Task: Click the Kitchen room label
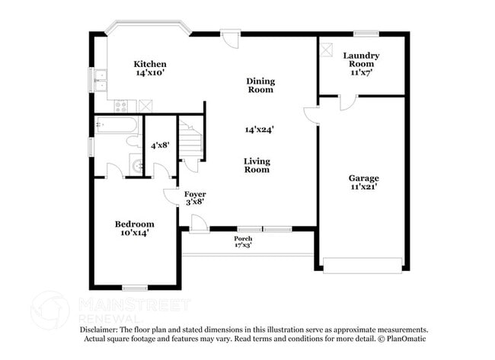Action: [x=150, y=68]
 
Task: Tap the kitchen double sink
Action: [x=101, y=78]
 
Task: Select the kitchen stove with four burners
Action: [x=123, y=107]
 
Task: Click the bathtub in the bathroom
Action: [x=116, y=126]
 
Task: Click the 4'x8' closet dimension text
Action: [x=160, y=145]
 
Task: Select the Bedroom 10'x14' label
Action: [x=134, y=228]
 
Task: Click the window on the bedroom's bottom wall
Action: [x=135, y=288]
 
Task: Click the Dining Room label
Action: [x=260, y=85]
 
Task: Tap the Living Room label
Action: [x=257, y=165]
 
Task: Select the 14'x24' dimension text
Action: [x=259, y=129]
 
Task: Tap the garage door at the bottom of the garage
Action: [x=362, y=266]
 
